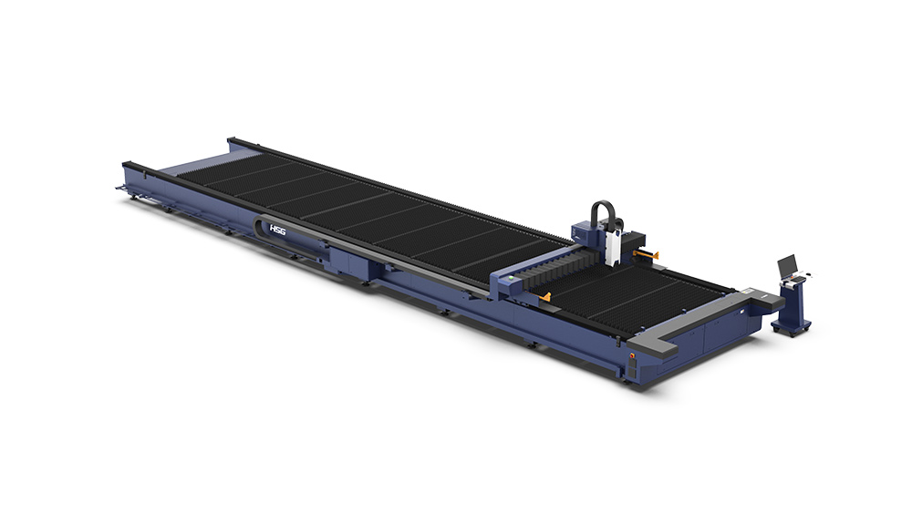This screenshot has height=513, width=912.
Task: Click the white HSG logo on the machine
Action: (x=277, y=230)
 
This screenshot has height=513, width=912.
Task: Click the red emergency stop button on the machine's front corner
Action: (x=632, y=354)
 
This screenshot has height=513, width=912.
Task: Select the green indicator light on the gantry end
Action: (x=512, y=277)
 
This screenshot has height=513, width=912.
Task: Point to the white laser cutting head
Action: (x=611, y=247)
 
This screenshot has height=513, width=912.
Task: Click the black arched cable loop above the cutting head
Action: (x=603, y=212)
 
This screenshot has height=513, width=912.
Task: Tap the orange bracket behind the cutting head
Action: (x=647, y=254)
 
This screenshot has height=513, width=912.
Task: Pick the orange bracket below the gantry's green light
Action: (x=544, y=297)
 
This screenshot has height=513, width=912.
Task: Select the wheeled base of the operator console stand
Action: (x=791, y=326)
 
